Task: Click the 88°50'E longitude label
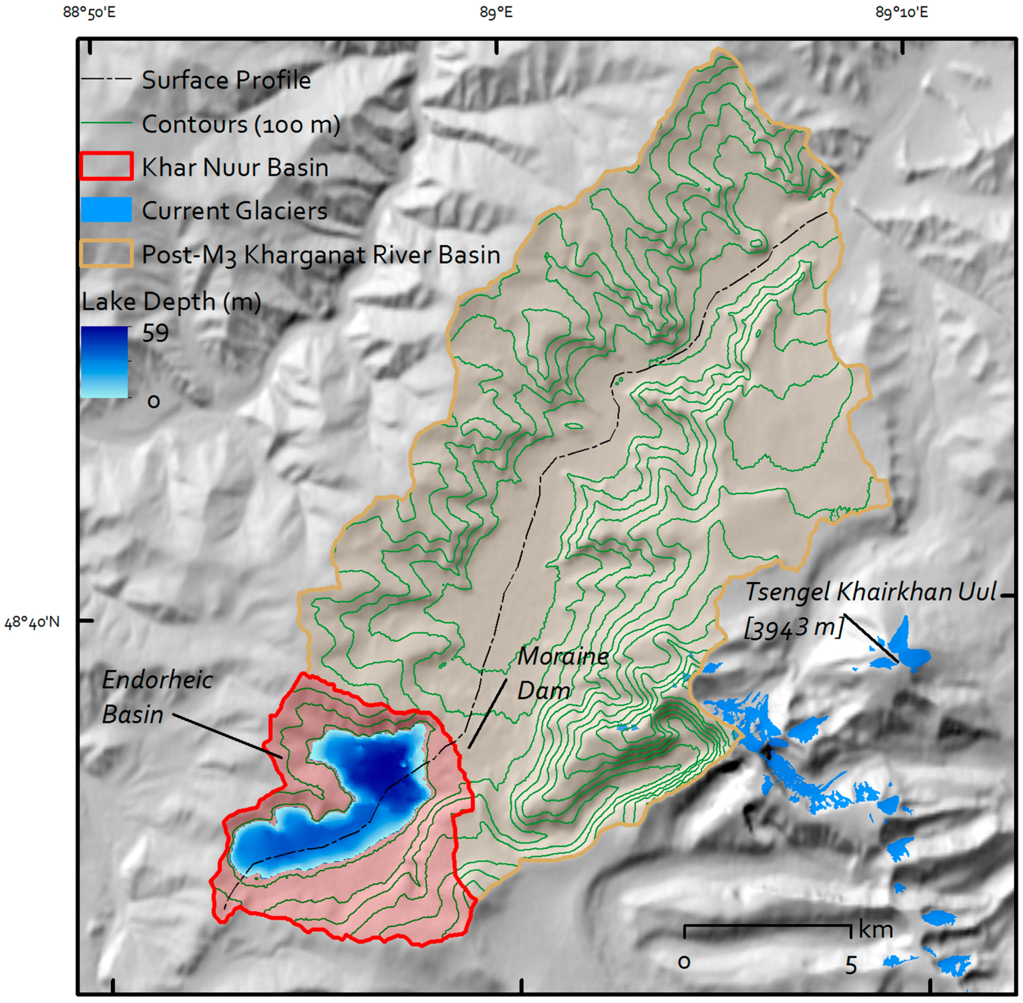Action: click(x=89, y=12)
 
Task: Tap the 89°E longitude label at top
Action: click(x=496, y=12)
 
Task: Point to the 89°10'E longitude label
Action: click(x=901, y=12)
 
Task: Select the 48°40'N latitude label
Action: click(x=32, y=623)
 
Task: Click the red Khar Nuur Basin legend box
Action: click(x=106, y=166)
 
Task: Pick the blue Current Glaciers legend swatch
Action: click(x=106, y=210)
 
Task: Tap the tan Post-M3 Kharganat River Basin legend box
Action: click(x=106, y=253)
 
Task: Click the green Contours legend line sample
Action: click(x=106, y=123)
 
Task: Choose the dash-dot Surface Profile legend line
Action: click(x=106, y=80)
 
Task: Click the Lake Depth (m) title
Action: click(x=171, y=302)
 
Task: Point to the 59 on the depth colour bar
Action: click(x=155, y=333)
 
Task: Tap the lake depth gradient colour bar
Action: click(x=104, y=362)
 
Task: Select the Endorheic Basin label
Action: click(x=157, y=697)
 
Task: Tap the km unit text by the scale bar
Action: click(x=875, y=930)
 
